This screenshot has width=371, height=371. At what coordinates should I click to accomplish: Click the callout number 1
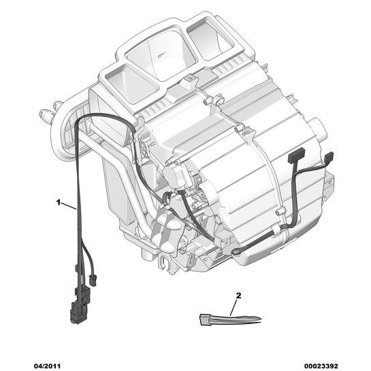59,203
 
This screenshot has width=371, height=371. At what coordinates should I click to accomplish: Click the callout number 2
238,295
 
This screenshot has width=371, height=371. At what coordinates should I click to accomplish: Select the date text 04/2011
47,366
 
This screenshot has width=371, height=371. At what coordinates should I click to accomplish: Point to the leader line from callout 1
69,206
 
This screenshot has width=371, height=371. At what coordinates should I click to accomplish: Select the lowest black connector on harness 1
78,312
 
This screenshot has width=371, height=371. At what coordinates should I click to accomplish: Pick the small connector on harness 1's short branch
93,280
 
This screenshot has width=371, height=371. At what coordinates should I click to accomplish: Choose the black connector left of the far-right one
296,155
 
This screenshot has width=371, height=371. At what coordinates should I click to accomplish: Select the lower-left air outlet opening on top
131,84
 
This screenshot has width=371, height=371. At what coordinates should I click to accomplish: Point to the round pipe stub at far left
46,116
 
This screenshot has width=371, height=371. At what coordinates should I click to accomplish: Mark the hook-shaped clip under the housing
165,262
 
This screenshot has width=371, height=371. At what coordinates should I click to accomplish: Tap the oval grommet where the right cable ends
237,253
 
